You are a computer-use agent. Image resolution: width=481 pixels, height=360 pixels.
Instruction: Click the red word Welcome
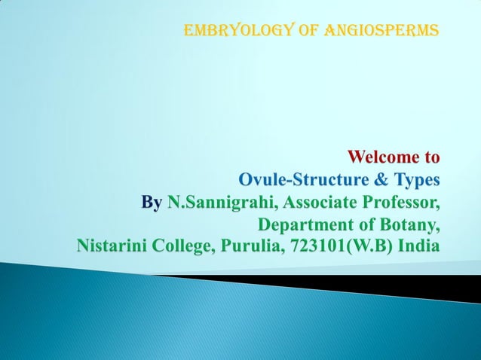click(x=384, y=158)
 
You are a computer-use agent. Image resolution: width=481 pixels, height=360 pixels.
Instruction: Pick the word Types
click(x=412, y=181)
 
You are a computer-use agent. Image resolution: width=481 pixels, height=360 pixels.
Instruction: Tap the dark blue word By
click(x=152, y=203)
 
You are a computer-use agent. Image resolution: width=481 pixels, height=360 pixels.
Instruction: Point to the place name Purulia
click(x=247, y=247)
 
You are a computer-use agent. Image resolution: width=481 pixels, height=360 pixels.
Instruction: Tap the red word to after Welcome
click(x=432, y=158)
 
